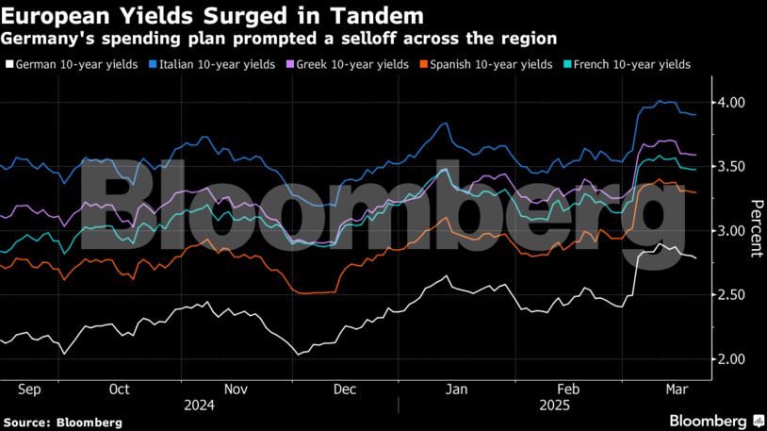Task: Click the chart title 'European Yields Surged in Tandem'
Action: coord(213,16)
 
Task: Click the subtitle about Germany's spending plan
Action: coord(279,38)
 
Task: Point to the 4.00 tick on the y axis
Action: coord(732,102)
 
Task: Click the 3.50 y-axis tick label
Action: coord(732,167)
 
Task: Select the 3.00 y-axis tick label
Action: coord(732,231)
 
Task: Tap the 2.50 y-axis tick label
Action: coord(732,295)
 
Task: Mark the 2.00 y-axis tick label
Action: coord(732,359)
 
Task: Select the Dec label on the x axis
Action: coord(345,389)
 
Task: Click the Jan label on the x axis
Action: coord(456,389)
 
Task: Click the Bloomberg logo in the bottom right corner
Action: coord(715,420)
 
